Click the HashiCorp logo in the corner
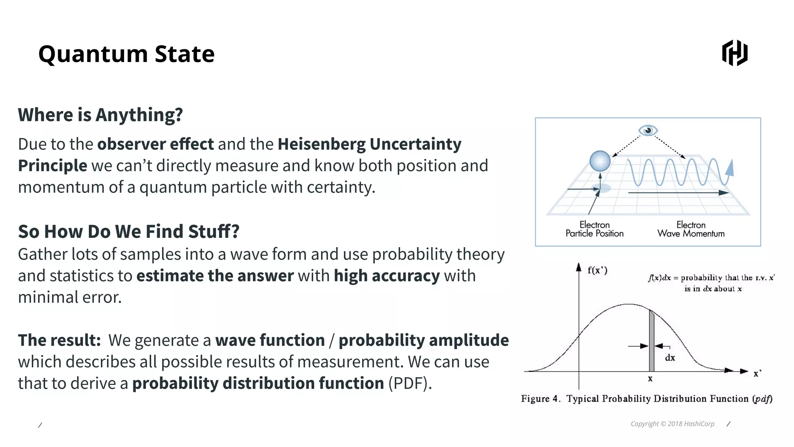tap(734, 53)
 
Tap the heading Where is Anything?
tap(100, 115)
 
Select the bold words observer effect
tap(155, 144)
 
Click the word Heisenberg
tap(321, 144)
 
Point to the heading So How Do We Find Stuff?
tap(128, 231)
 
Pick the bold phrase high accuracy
tap(387, 276)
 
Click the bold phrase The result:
tap(59, 340)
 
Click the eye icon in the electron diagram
tap(648, 130)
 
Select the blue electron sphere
tap(600, 161)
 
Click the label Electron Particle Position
tap(594, 229)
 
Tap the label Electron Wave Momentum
tap(690, 229)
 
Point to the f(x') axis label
tap(597, 270)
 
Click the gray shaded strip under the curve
tap(652, 341)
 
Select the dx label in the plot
tap(670, 358)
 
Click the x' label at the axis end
tap(757, 374)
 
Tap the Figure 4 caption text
tap(646, 399)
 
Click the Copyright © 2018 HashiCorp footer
tap(672, 424)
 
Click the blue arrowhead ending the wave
tap(730, 168)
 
